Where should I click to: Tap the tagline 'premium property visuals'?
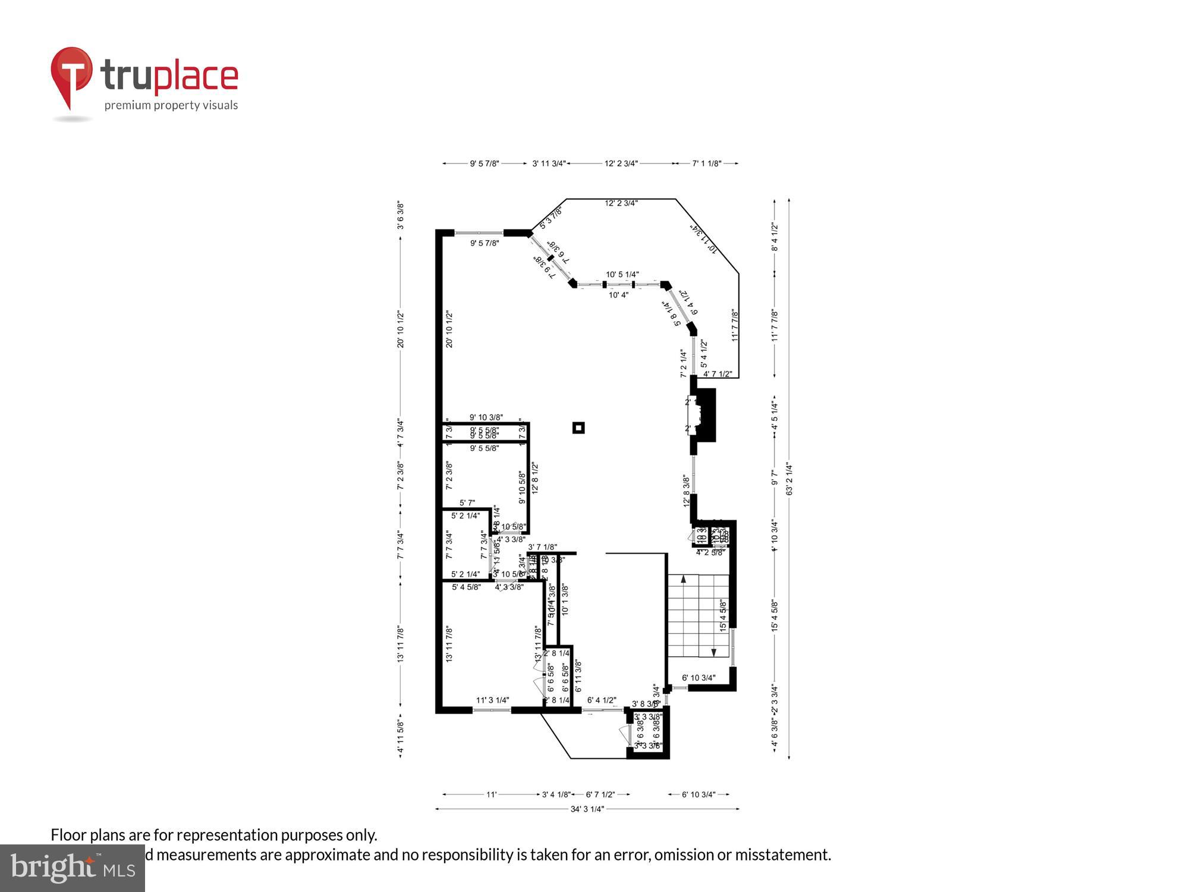pos(171,106)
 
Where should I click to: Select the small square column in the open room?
pos(578,428)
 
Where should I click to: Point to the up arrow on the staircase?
pos(684,579)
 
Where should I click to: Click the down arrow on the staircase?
pos(713,652)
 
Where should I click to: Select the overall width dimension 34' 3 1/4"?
pos(587,809)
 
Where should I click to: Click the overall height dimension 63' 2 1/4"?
pos(789,479)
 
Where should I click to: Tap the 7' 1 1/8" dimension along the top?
pos(706,164)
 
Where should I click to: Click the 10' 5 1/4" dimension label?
pos(622,275)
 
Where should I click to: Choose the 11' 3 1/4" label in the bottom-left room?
pos(492,701)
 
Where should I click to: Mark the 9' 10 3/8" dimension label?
pos(486,417)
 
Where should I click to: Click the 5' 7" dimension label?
pos(467,503)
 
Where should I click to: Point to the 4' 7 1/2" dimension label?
pos(717,374)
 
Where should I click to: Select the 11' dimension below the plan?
pos(491,794)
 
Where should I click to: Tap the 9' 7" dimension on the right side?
pos(774,478)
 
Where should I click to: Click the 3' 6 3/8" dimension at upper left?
pos(401,215)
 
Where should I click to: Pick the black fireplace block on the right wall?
pos(705,415)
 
